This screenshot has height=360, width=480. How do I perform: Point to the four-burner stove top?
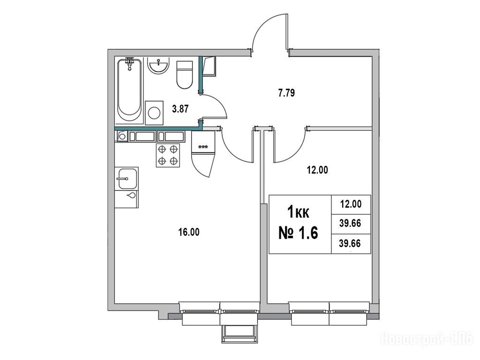click(168, 155)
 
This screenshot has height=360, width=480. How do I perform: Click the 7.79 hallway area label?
click(287, 93)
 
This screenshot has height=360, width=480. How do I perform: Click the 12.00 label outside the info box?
click(317, 171)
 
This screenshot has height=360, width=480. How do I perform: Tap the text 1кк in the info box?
click(298, 213)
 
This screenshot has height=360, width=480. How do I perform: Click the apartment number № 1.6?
click(298, 232)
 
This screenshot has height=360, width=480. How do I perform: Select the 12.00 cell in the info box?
click(350, 204)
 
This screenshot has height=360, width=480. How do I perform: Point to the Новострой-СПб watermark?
click(427, 339)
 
